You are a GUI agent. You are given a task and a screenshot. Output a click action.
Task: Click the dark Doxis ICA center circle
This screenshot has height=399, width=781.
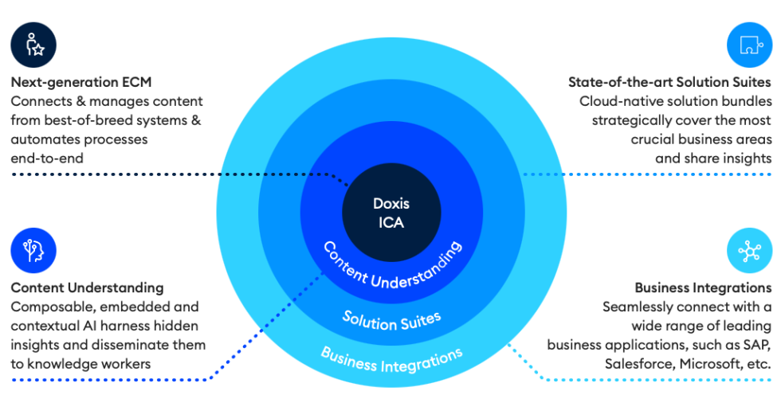coord(390,213)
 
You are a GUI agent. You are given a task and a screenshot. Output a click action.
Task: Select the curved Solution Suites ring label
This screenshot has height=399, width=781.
coord(391,319)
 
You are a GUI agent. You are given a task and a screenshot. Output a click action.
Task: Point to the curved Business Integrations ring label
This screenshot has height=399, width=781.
coord(391,358)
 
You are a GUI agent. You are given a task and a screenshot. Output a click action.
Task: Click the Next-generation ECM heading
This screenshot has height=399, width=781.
coord(80,82)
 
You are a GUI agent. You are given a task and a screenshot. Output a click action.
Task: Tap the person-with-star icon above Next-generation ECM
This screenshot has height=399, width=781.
coord(33,45)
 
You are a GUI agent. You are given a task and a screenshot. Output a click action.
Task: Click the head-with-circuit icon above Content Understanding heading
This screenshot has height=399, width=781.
coord(33,250)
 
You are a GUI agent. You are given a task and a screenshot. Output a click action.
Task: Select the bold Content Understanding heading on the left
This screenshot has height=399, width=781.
coord(87,288)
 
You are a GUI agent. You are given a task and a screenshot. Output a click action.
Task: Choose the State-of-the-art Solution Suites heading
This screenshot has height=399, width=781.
coord(669,82)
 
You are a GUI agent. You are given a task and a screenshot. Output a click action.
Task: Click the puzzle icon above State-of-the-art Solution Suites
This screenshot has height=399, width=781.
coord(749,45)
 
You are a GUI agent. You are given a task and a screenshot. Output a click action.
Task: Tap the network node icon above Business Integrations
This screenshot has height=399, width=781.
coord(749,250)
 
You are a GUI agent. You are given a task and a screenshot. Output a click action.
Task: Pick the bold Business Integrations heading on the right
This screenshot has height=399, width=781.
coord(703,288)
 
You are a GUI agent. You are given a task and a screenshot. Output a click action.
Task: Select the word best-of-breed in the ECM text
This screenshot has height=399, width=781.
coord(83,120)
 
